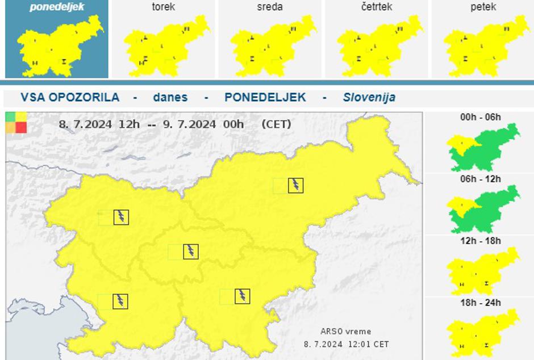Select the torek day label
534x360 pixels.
coord(164,7)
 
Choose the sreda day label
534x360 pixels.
coord(269,7)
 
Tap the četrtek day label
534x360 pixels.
coord(376,7)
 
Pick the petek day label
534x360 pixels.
coord(483,7)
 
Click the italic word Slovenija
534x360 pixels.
coord(369,97)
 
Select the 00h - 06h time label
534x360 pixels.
coord(481,118)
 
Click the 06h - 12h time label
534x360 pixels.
coord(481,179)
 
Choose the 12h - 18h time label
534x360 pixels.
coord(481,241)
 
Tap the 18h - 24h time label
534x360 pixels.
coord(481,303)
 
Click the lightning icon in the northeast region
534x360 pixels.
coord(295,185)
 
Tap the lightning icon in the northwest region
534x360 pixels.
coord(121,216)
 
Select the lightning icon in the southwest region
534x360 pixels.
coord(120,301)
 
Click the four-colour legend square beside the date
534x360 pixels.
coord(16,122)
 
